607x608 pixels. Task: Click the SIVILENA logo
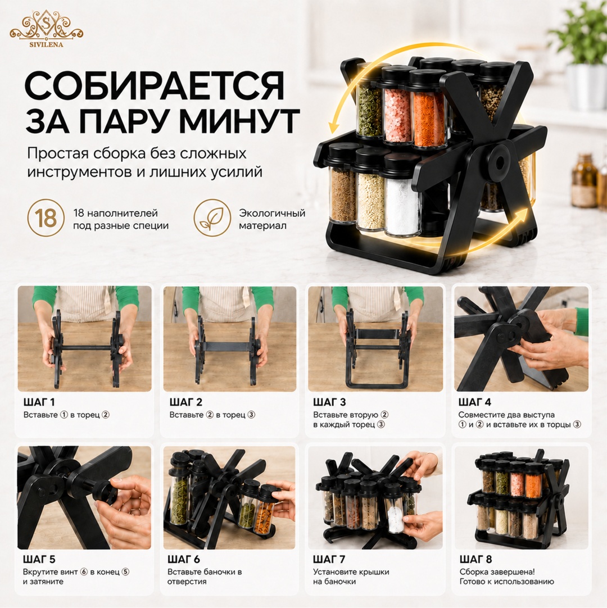pos(47,29)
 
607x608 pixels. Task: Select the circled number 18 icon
pos(46,218)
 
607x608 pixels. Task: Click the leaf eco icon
pos(212,218)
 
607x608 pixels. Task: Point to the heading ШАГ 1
pos(39,402)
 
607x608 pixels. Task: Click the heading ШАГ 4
pos(474,402)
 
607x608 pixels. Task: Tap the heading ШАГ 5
pos(39,559)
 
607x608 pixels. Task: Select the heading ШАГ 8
pos(475,559)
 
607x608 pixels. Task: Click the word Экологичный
pos(272,214)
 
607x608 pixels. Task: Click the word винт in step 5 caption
pos(69,572)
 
